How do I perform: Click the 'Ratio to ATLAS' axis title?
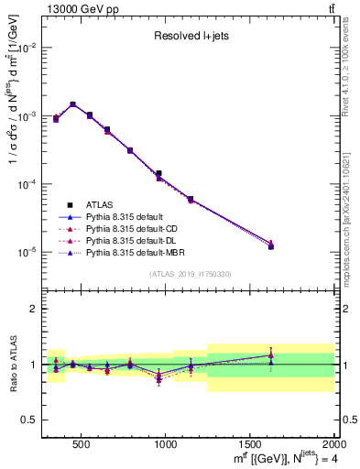click(x=13, y=364)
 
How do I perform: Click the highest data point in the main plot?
click(x=72, y=104)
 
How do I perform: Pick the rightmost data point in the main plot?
click(x=270, y=246)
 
